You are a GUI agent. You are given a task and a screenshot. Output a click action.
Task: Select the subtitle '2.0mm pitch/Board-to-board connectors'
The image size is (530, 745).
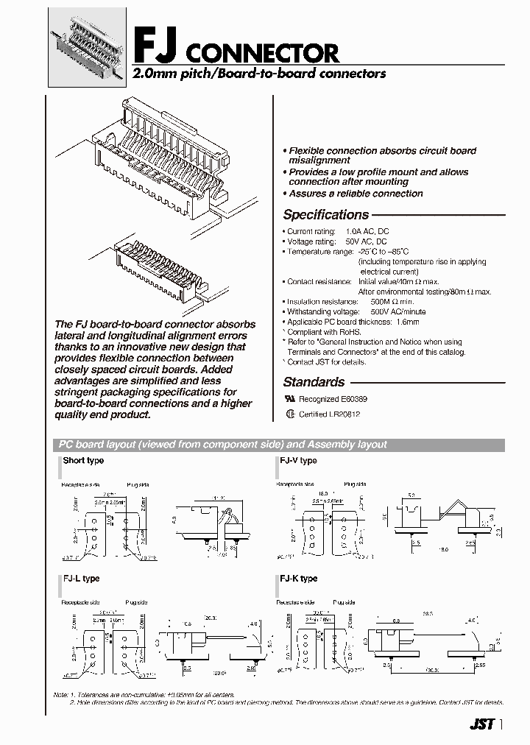(258, 74)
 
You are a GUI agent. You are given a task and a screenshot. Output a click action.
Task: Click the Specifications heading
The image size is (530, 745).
(326, 215)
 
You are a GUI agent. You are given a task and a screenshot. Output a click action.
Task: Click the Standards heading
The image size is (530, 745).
(314, 382)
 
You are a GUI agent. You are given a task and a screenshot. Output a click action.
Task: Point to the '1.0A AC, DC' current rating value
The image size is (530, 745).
(362, 232)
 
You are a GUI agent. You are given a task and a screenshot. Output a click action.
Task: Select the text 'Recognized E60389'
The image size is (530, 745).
(333, 399)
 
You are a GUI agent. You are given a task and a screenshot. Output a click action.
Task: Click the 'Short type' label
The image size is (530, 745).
(83, 461)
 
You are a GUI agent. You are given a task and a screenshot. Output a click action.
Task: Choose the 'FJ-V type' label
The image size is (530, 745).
(298, 461)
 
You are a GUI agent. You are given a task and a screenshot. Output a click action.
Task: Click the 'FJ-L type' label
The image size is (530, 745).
(81, 579)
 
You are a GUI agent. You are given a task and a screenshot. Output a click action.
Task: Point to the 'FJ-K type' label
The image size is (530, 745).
(298, 579)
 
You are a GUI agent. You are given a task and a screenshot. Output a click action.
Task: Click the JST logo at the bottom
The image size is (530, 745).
(481, 724)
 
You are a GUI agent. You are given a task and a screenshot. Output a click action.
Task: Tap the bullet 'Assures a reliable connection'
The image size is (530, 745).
(356, 194)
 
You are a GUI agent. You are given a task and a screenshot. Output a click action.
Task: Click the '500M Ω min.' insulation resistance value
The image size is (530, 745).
(392, 302)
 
